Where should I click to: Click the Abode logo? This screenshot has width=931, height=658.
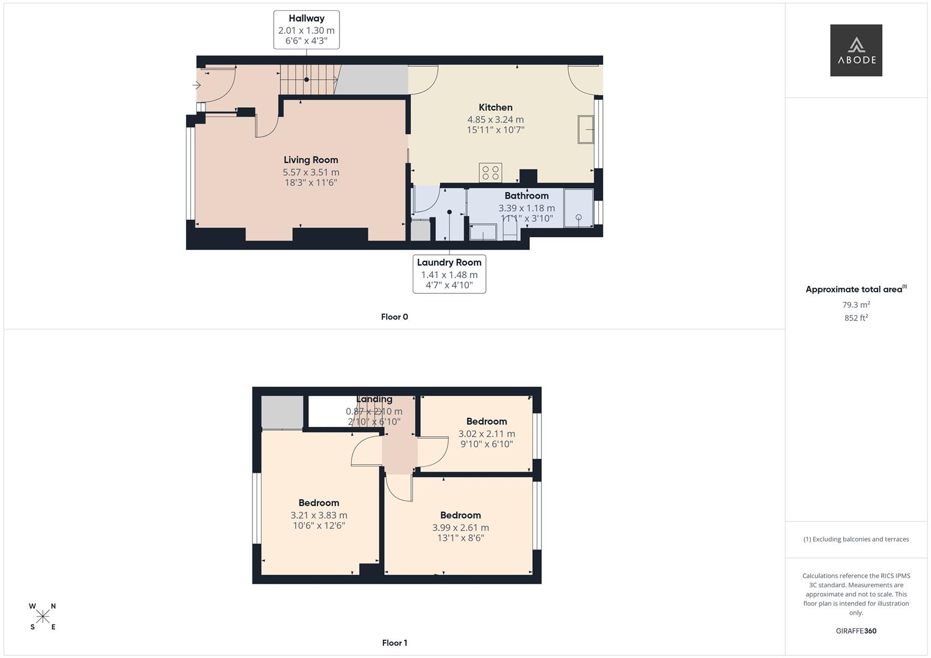pyautogui.click(x=855, y=50)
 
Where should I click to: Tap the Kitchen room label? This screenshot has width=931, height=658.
pyautogui.click(x=495, y=108)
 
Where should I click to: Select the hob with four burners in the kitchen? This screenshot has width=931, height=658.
pyautogui.click(x=490, y=172)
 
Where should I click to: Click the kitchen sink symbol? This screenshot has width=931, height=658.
pyautogui.click(x=585, y=129)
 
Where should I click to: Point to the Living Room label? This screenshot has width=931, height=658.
pyautogui.click(x=310, y=160)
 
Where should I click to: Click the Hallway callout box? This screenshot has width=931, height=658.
pyautogui.click(x=306, y=30)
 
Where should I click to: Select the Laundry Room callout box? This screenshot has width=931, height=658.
pyautogui.click(x=449, y=274)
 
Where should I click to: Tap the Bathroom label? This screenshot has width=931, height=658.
pyautogui.click(x=526, y=196)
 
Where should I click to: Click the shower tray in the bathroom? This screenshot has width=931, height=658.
pyautogui.click(x=578, y=208)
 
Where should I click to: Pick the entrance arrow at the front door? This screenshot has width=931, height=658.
pyautogui.click(x=196, y=85)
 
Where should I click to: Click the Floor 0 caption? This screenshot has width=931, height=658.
pyautogui.click(x=394, y=317)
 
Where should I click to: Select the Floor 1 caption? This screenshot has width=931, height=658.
pyautogui.click(x=394, y=643)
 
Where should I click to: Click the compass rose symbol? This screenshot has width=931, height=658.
pyautogui.click(x=43, y=617)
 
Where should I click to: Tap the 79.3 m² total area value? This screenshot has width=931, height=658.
pyautogui.click(x=856, y=305)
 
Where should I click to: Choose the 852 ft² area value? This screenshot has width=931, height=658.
pyautogui.click(x=856, y=318)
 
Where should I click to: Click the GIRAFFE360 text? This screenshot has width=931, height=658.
pyautogui.click(x=856, y=631)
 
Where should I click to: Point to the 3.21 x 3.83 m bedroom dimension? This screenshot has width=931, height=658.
pyautogui.click(x=318, y=515)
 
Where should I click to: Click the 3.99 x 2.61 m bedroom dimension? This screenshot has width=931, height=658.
pyautogui.click(x=460, y=528)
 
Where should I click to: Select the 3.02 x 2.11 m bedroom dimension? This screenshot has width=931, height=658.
pyautogui.click(x=487, y=434)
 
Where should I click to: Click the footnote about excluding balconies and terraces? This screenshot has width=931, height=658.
pyautogui.click(x=856, y=539)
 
